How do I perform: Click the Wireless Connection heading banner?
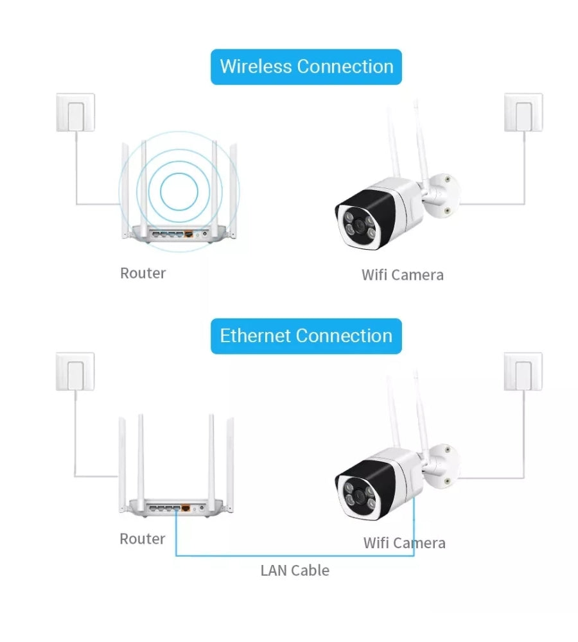pos(306,67)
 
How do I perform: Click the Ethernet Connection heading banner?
pos(306,336)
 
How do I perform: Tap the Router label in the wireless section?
pos(143,273)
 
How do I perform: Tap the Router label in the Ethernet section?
pos(143,539)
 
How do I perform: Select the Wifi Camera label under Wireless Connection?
pos(403,275)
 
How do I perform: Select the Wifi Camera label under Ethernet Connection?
pos(405,544)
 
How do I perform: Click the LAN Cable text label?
pos(295,570)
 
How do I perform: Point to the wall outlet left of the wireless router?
pos(76,113)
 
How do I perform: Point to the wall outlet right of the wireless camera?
pos(523,113)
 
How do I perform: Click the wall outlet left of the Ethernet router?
pos(76,372)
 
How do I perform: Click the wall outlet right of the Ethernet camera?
pos(523,372)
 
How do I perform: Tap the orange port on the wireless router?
pos(188,235)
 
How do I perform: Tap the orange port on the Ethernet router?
pos(186,508)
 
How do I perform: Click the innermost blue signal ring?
pos(179,191)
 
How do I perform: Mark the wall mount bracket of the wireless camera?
pos(445,191)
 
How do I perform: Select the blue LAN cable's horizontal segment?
pos(295,555)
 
